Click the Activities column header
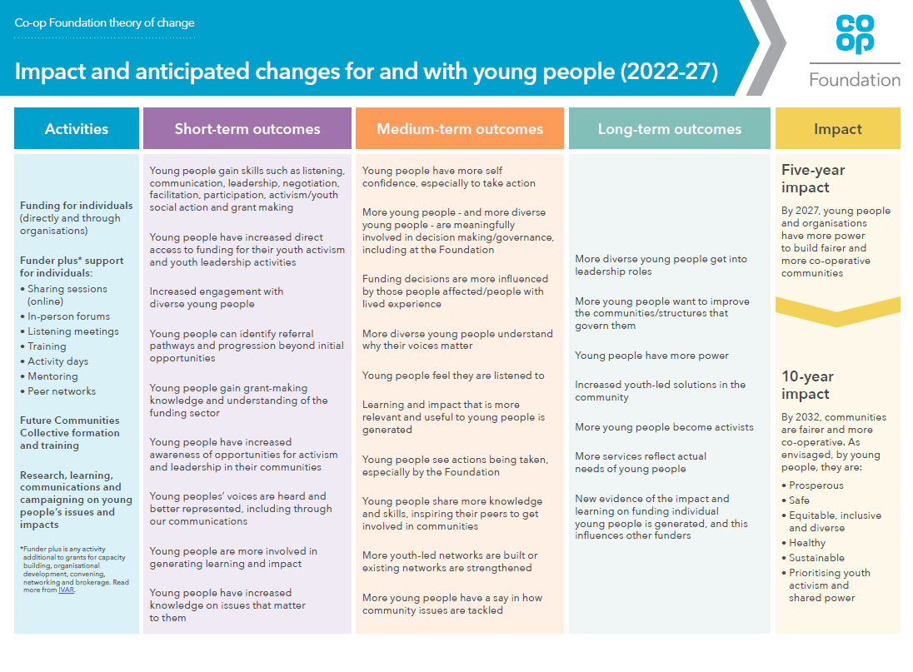point(77,129)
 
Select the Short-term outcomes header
point(247,129)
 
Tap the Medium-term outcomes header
point(460,129)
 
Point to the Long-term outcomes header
point(670,129)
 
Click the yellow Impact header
point(838,129)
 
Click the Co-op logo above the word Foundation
point(855,35)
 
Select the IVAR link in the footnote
point(66,590)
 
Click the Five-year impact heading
point(813,178)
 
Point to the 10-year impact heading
point(808,385)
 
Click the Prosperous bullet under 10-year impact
point(816,485)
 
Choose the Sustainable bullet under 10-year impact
point(816,558)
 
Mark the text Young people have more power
point(651,356)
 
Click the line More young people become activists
point(664,427)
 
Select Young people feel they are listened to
point(453,376)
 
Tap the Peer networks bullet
point(62,391)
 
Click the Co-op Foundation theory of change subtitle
point(104,23)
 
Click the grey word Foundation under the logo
point(855,80)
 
